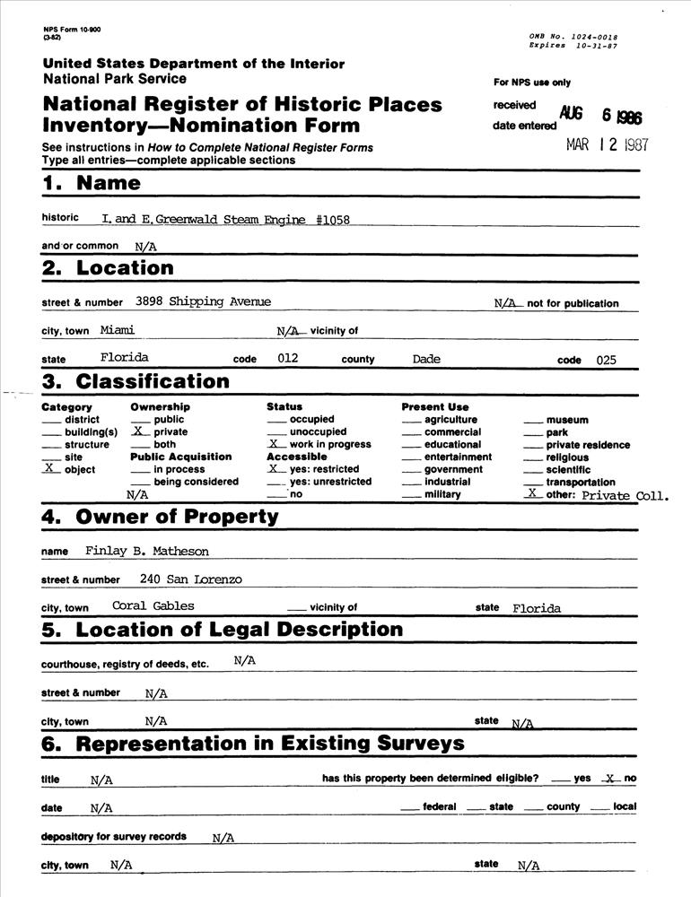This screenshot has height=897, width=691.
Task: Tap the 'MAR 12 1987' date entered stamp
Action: tap(607, 145)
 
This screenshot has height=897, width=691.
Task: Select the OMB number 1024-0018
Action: tap(590, 37)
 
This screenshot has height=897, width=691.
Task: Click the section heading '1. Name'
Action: tap(92, 184)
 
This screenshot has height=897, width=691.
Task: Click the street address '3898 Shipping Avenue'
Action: tap(203, 301)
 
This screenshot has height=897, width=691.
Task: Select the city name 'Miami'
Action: tap(117, 330)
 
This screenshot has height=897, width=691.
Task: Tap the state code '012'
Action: tap(287, 359)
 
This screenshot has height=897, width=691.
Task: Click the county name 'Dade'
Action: tap(426, 359)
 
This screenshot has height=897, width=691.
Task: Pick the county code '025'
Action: tap(607, 360)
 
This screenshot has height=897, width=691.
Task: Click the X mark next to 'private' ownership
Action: tap(138, 431)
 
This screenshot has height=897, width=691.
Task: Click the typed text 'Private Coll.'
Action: tap(625, 494)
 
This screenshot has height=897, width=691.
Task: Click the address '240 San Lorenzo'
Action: tap(190, 579)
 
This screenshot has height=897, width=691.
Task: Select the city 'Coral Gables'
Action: tap(153, 605)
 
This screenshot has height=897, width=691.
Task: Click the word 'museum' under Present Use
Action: tap(567, 420)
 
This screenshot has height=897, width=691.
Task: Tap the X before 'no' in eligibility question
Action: tap(610, 779)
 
